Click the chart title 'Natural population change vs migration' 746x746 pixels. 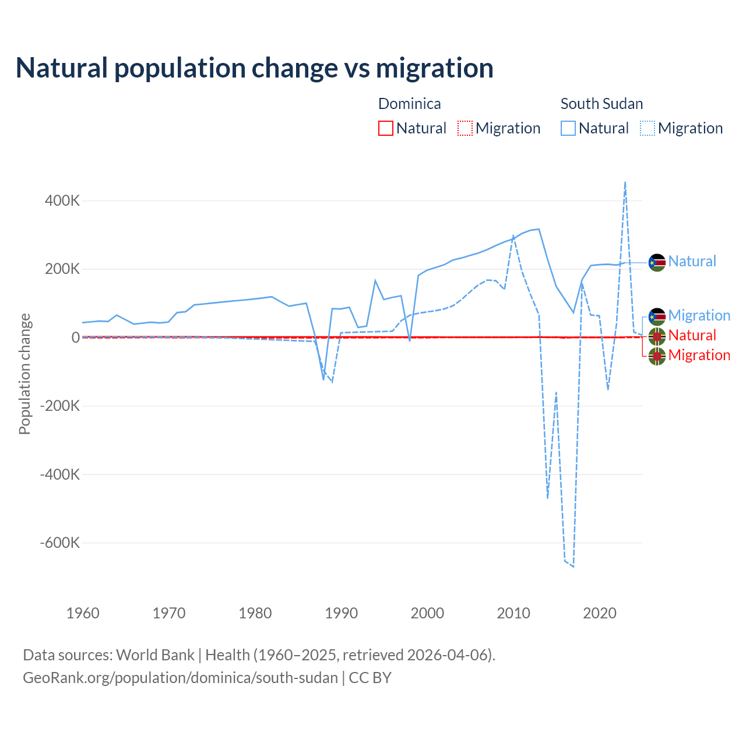click(x=255, y=68)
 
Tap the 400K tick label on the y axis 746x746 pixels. click(x=62, y=201)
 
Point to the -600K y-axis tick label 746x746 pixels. click(x=59, y=543)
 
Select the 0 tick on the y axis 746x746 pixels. click(x=76, y=337)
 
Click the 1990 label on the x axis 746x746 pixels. click(x=341, y=613)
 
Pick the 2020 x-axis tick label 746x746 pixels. click(x=600, y=613)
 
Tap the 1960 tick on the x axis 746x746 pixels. click(x=83, y=613)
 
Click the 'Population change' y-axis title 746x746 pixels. click(x=24, y=374)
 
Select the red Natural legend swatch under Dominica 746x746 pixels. click(x=386, y=128)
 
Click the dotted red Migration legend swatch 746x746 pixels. click(x=465, y=128)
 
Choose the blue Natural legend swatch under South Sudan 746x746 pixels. click(x=568, y=128)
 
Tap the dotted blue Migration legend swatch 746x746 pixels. click(x=648, y=128)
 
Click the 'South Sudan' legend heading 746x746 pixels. click(x=601, y=104)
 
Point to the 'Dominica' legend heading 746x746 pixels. click(x=410, y=104)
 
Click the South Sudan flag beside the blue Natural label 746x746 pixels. click(x=657, y=263)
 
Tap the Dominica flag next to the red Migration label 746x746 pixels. click(x=657, y=356)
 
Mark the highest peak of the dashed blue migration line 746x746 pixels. click(x=625, y=182)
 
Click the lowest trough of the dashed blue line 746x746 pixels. click(x=573, y=566)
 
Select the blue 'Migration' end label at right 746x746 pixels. click(x=699, y=315)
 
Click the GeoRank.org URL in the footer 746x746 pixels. click(x=181, y=678)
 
